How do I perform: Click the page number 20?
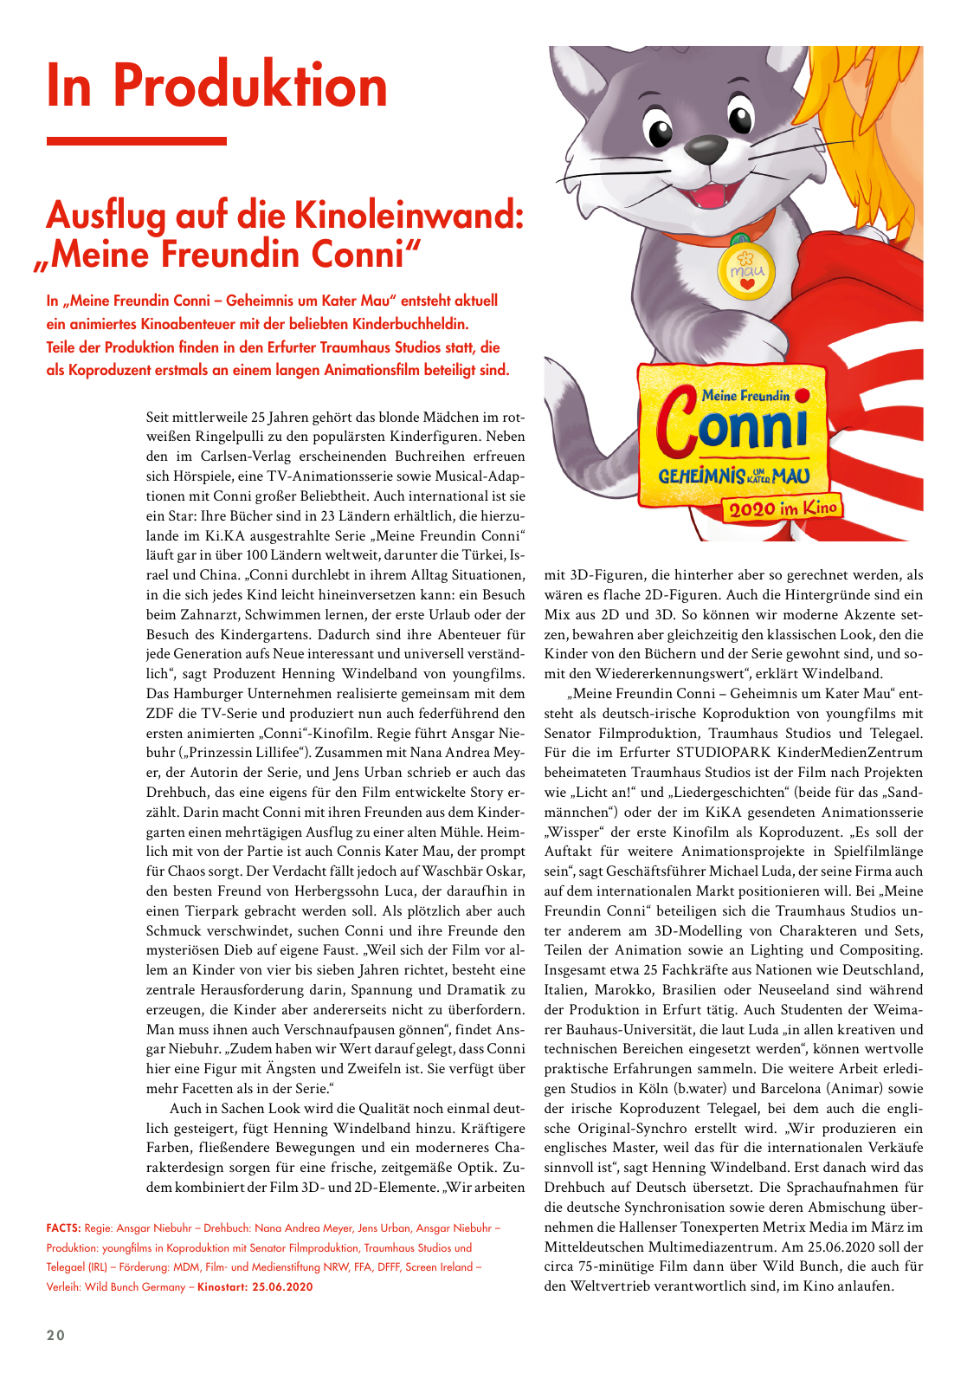[56, 1335]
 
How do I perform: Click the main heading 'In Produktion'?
[217, 87]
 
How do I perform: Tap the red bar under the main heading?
[136, 140]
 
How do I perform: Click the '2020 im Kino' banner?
[782, 508]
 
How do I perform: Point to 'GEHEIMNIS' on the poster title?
[701, 476]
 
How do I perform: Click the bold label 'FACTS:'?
[63, 1228]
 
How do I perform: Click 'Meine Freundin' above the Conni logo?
[745, 396]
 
